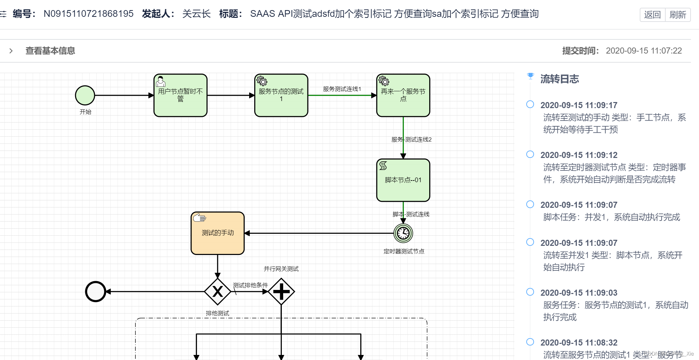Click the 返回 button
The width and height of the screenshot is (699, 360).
tap(652, 15)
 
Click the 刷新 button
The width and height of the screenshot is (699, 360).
tap(677, 15)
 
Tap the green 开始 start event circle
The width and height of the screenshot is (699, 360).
tap(85, 95)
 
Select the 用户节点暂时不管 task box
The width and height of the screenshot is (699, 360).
tap(180, 96)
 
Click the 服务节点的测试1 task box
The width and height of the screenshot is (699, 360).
tap(281, 96)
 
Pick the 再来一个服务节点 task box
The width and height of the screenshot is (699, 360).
tap(403, 96)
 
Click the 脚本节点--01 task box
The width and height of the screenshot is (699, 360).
tap(403, 180)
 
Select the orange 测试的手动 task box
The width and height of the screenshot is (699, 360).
tap(218, 233)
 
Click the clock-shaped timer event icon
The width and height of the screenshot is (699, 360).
tap(403, 233)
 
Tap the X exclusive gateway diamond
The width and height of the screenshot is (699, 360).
tap(218, 292)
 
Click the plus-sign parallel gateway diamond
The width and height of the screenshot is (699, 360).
tap(281, 292)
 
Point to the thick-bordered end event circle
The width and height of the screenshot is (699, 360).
tap(96, 292)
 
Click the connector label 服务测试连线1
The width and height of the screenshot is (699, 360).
tap(342, 89)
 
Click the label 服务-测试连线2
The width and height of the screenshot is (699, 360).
tap(411, 139)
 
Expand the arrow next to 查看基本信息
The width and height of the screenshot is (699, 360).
tap(11, 51)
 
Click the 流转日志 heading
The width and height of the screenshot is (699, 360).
tap(559, 79)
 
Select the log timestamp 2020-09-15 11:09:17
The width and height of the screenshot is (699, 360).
tap(578, 105)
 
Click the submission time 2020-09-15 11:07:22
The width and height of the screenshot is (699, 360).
tap(643, 51)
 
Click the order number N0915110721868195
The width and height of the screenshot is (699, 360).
tap(89, 14)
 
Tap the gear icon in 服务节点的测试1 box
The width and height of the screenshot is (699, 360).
tap(262, 81)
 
